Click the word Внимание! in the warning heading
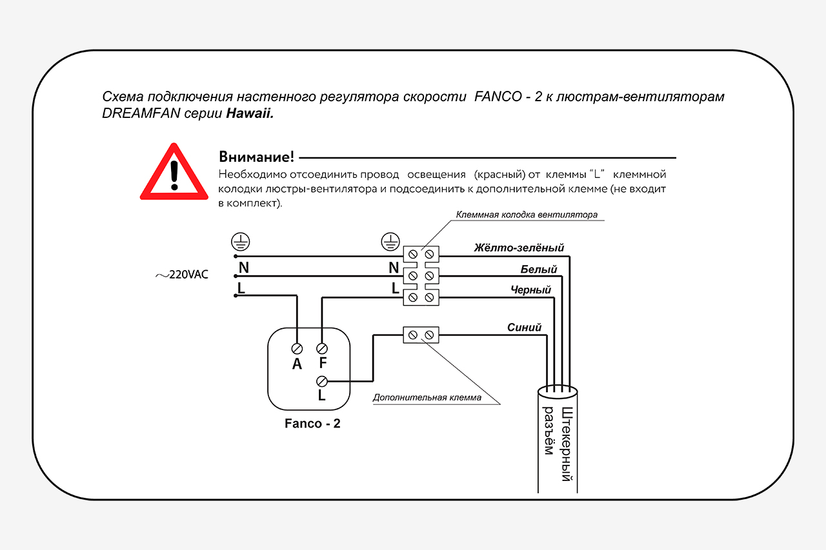(x=256, y=157)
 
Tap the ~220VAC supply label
(x=181, y=275)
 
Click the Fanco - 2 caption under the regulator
(x=312, y=424)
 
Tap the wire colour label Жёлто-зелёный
(x=519, y=248)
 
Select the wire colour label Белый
(x=538, y=270)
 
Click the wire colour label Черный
(x=530, y=290)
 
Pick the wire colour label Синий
(x=524, y=328)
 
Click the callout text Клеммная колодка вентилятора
(x=527, y=215)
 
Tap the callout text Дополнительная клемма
(x=427, y=398)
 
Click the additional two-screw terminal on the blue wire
(x=421, y=335)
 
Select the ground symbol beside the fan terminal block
(x=390, y=242)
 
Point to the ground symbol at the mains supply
(x=241, y=242)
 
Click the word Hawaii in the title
(x=249, y=113)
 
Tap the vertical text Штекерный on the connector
(x=567, y=445)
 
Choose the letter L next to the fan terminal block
(x=396, y=289)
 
